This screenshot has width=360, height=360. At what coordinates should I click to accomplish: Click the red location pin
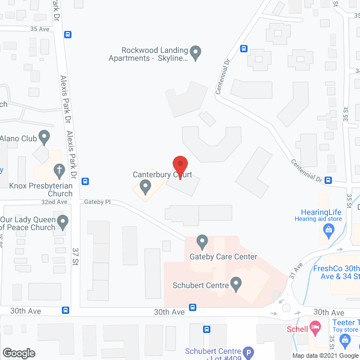pos(179,166)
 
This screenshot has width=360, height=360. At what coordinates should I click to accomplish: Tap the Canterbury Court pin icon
pos(146,186)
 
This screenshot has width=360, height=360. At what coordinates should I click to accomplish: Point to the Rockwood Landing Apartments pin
pos(195,53)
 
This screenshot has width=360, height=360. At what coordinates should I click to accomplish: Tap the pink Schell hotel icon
pos(316,328)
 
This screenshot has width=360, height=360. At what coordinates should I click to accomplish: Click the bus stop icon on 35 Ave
pos(67,34)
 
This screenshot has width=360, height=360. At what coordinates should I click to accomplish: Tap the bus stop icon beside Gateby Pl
pos(85,181)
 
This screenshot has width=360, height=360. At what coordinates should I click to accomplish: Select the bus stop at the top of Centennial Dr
pos(244,48)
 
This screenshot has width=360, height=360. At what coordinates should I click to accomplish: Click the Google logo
pos(19,353)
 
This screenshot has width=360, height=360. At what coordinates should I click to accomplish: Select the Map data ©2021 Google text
pos(321,355)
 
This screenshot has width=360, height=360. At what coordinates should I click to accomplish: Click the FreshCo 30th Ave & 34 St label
pos(335,272)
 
